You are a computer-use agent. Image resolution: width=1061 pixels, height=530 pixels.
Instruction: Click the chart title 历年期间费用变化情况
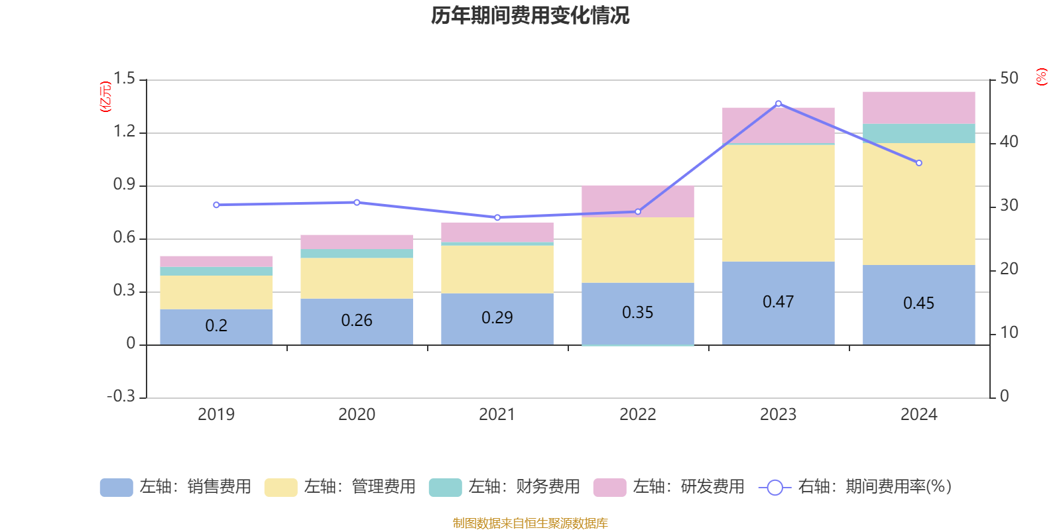click(x=530, y=15)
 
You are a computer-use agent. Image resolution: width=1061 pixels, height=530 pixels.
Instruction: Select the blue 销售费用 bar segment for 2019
click(x=216, y=327)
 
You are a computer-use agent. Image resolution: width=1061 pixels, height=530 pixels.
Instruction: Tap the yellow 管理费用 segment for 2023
click(x=778, y=203)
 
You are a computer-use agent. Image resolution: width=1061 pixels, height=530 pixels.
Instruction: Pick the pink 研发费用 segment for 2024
click(x=918, y=107)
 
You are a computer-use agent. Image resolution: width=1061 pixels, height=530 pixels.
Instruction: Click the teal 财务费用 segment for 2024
click(x=918, y=133)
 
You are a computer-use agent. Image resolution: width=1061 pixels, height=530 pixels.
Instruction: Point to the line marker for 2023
click(x=778, y=103)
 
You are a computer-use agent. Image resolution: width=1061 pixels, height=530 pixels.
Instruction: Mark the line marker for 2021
click(x=497, y=217)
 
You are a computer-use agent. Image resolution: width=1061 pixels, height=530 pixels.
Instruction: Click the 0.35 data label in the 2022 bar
click(x=637, y=312)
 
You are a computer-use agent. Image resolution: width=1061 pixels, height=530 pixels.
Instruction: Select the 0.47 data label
click(x=778, y=302)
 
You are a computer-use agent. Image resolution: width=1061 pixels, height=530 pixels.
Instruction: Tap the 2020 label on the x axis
click(x=357, y=415)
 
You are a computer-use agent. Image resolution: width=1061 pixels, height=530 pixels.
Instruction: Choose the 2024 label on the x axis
click(x=918, y=415)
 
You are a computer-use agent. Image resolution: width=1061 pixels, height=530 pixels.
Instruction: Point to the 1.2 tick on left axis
click(x=124, y=132)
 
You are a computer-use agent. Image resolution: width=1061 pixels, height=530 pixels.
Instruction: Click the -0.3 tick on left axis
click(x=121, y=396)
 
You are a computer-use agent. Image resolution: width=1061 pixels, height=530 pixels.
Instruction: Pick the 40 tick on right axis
click(x=1009, y=142)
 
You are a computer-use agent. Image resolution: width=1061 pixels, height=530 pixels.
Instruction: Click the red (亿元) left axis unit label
click(x=105, y=97)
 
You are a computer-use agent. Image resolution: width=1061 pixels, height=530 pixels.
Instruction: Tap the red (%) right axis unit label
click(x=1041, y=77)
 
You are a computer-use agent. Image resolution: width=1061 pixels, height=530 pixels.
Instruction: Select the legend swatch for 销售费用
click(x=116, y=487)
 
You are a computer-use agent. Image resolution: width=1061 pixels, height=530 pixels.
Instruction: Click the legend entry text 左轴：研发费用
click(x=688, y=487)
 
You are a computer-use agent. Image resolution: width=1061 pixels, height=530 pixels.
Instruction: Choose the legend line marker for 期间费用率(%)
click(x=775, y=488)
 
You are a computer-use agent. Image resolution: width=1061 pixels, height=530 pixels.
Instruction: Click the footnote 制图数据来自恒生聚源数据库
click(x=530, y=523)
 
